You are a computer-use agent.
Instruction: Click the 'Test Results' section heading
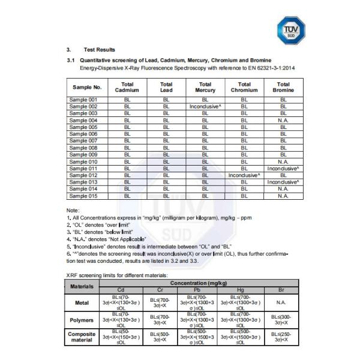(x=99, y=49)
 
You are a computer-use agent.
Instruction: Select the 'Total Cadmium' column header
(x=127, y=88)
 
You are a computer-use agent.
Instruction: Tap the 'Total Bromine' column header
(x=283, y=88)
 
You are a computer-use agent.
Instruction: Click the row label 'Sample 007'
(x=83, y=141)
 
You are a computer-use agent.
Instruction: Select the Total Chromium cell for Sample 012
(x=244, y=175)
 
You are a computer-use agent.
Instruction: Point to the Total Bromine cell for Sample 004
(x=283, y=120)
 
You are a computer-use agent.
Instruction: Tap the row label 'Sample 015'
(x=83, y=196)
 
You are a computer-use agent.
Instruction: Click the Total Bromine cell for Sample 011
(x=283, y=169)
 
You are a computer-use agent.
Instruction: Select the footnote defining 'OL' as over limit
(x=104, y=224)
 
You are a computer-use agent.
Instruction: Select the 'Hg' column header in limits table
(x=242, y=289)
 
